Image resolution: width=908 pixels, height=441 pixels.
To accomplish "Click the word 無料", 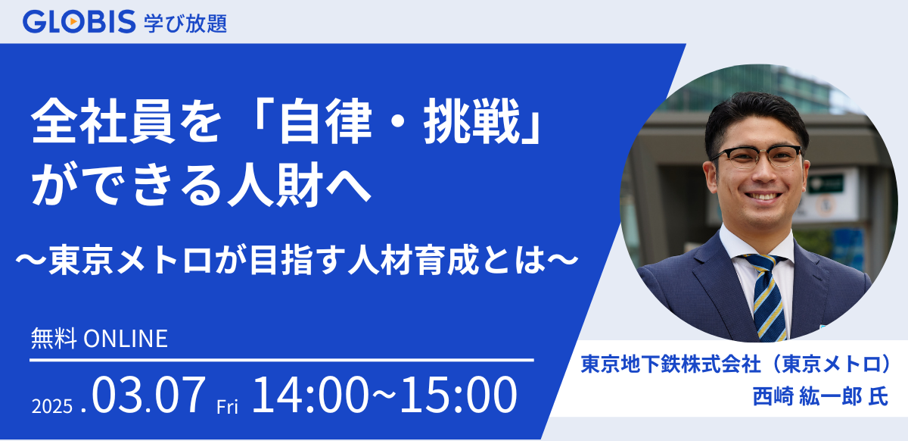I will [53, 339].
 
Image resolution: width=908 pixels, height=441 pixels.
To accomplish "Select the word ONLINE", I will [124, 339].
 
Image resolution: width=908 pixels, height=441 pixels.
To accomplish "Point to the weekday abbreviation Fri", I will [228, 407].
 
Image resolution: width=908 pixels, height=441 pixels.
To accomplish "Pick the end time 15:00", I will [455, 396].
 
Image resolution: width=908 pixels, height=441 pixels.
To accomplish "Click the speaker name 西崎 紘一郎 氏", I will [809, 396].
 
